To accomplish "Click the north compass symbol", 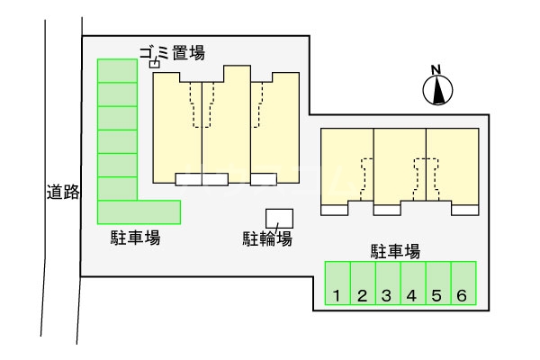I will click(x=437, y=89).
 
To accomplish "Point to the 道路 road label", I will click(x=62, y=192).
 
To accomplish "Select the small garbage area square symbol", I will click(x=153, y=64).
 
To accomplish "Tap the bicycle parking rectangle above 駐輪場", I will click(x=279, y=218).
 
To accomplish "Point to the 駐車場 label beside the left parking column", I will click(x=135, y=238).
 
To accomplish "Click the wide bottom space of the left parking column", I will click(x=139, y=211).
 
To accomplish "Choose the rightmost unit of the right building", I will click(x=453, y=166).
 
